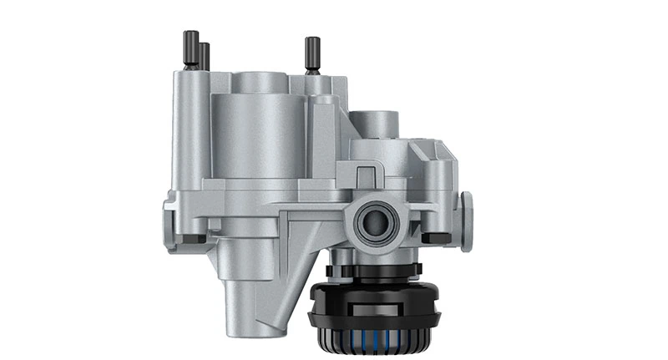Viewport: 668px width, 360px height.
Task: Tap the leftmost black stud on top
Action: point(190,49)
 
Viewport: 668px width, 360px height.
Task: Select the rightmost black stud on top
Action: point(312,54)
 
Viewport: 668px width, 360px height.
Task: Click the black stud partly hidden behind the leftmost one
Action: point(204,58)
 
